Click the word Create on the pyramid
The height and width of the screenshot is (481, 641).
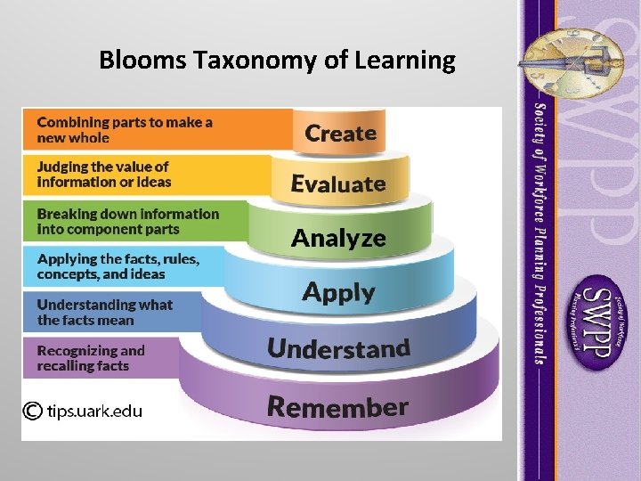pyautogui.click(x=341, y=134)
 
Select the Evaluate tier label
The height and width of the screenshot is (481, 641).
pyautogui.click(x=338, y=184)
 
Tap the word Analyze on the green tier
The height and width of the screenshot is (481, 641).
pyautogui.click(x=338, y=238)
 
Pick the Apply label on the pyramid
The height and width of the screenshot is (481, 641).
pyautogui.click(x=338, y=292)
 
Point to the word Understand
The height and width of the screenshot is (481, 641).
pyautogui.click(x=338, y=348)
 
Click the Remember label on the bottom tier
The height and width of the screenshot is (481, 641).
pyautogui.click(x=337, y=407)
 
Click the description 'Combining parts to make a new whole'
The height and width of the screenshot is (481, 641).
pyautogui.click(x=125, y=130)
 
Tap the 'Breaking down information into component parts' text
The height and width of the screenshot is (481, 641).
pyautogui.click(x=127, y=221)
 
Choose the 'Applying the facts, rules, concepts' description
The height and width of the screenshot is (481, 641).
pyautogui.click(x=118, y=266)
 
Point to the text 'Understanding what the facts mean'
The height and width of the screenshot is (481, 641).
pyautogui.click(x=104, y=312)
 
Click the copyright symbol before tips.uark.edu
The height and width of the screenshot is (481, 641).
pyautogui.click(x=32, y=411)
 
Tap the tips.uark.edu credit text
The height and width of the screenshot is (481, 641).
pyautogui.click(x=94, y=411)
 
